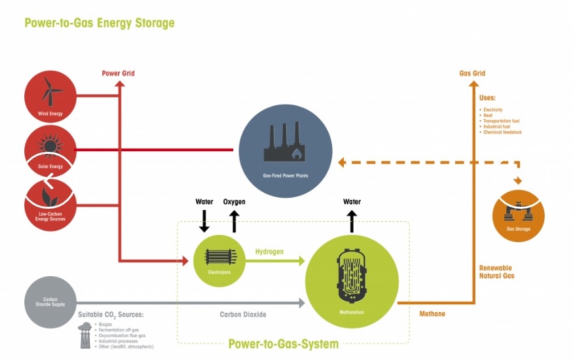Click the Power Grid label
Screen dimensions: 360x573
tap(118, 73)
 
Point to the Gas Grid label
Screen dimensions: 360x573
tap(472, 73)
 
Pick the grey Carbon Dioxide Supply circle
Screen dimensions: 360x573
tap(50, 302)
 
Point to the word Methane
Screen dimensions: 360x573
tap(432, 314)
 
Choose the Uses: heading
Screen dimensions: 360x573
tap(488, 98)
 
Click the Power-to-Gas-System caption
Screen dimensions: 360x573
tap(283, 344)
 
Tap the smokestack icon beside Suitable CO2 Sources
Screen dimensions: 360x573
tap(85, 335)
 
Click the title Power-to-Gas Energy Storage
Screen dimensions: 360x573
tap(100, 23)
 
